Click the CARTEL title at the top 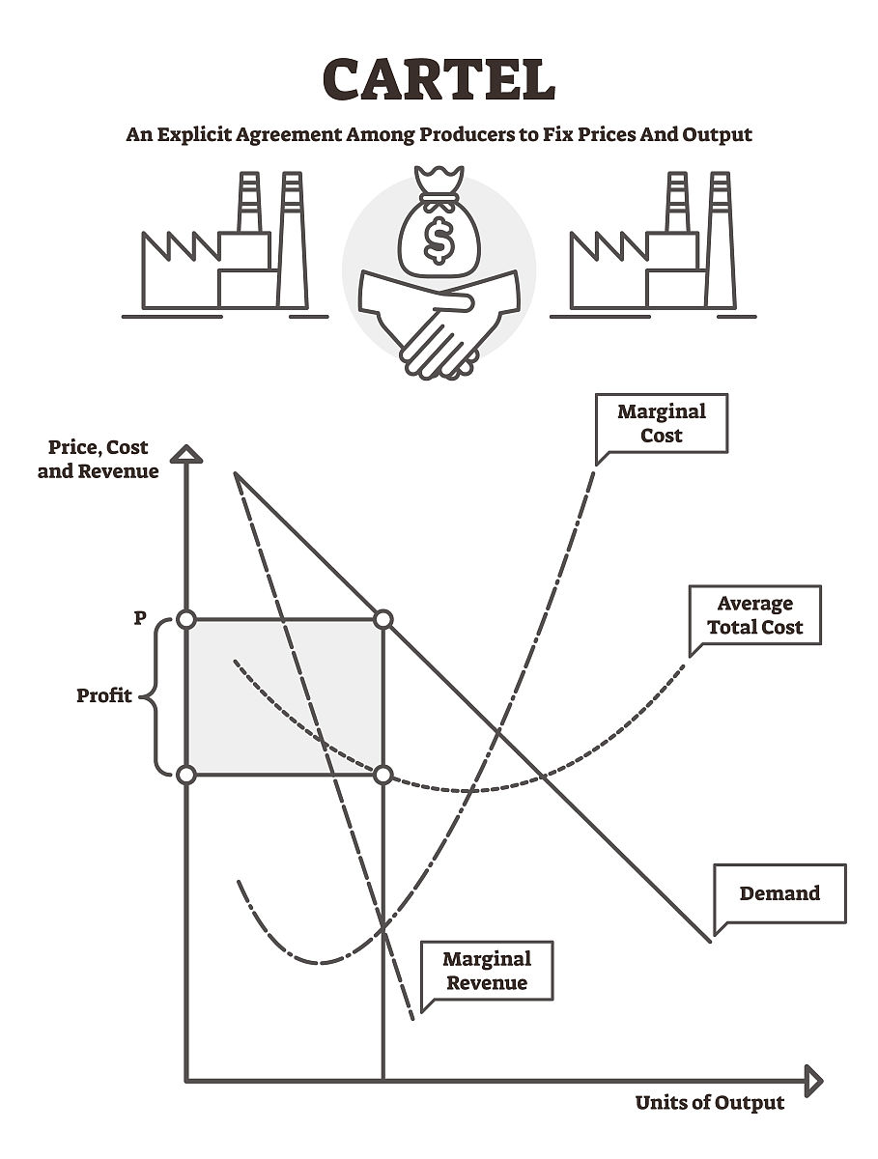[439, 79]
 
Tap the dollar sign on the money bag [439, 241]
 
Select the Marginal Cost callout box [662, 423]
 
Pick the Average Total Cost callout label [754, 615]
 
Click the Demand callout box [779, 893]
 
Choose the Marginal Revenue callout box [487, 971]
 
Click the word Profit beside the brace [104, 695]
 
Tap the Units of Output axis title [710, 1103]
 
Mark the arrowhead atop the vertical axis [186, 453]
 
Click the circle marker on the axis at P [186, 619]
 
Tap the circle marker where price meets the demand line [383, 619]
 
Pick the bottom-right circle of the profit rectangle [383, 775]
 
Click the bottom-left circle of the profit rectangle [186, 775]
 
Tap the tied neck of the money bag [439, 199]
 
